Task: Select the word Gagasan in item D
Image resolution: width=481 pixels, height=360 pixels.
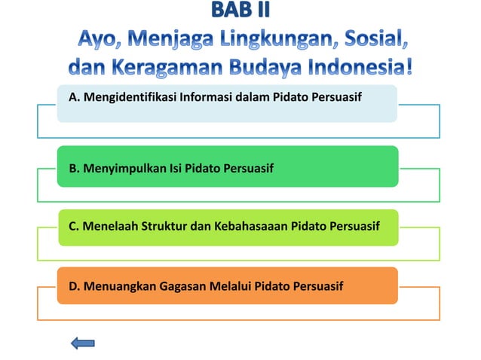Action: tap(182, 286)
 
